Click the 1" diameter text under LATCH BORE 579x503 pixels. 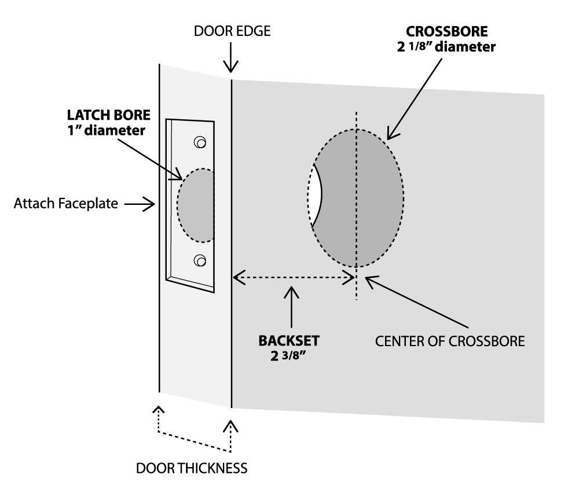[x=106, y=131]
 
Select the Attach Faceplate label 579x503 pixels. [x=65, y=203]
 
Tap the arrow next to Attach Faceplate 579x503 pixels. [x=139, y=203]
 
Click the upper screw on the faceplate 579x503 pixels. [x=200, y=142]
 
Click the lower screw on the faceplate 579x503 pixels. [x=200, y=260]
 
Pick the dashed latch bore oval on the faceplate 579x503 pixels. [x=196, y=205]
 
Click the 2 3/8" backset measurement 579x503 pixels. [x=288, y=355]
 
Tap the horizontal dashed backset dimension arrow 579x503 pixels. [x=293, y=278]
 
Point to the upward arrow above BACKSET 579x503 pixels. [x=291, y=307]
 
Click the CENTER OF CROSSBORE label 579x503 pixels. [x=450, y=340]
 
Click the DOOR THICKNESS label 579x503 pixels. [x=192, y=467]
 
